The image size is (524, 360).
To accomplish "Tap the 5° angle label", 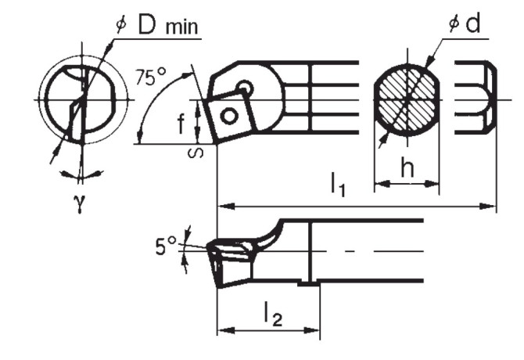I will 166,248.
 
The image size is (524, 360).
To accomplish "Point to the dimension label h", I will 406,167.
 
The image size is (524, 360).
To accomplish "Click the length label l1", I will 338,185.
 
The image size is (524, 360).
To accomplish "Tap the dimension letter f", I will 180,123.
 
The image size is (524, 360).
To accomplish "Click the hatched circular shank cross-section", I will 406,99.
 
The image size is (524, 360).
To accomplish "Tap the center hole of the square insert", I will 229,116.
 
